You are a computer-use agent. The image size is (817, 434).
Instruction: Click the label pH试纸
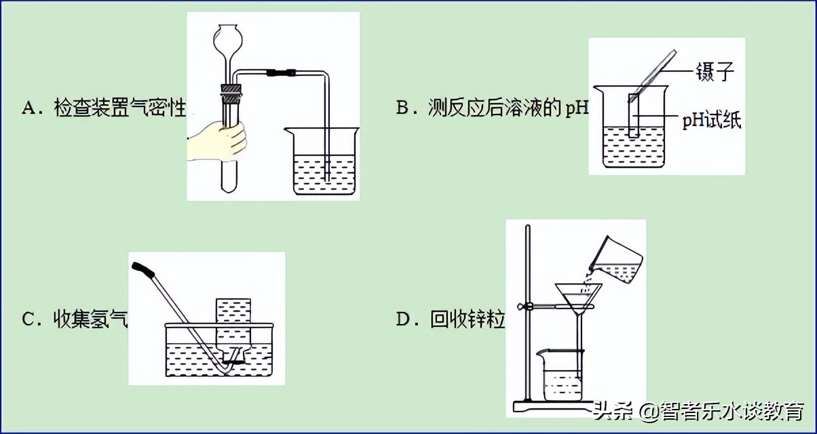[x=712, y=121]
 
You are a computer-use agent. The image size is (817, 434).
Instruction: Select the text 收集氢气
[x=91, y=319]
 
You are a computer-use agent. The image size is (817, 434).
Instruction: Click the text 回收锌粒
[x=468, y=319]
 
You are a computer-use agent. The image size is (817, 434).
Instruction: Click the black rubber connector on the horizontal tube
[x=281, y=71]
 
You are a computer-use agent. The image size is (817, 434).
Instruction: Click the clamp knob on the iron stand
[x=523, y=307]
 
